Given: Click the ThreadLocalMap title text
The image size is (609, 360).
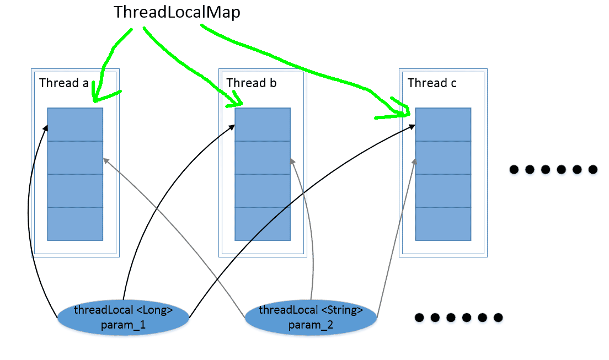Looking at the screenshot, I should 177,13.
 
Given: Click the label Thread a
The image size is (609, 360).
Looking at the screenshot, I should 64,83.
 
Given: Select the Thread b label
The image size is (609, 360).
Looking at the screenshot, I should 252,83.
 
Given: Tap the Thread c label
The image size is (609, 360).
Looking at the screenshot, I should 432,83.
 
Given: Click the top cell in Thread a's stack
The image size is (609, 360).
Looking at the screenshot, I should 75,125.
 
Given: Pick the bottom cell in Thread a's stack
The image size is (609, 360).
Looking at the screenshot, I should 75,224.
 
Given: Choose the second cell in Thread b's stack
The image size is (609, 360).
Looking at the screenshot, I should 263,158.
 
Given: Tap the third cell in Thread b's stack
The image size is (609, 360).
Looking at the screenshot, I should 263,191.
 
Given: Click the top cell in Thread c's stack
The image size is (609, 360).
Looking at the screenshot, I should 443,125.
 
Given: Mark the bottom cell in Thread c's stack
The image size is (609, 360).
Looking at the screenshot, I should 443,224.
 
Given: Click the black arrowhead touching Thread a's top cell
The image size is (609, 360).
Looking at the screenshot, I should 46,127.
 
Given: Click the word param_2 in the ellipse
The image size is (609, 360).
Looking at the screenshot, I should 311,325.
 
